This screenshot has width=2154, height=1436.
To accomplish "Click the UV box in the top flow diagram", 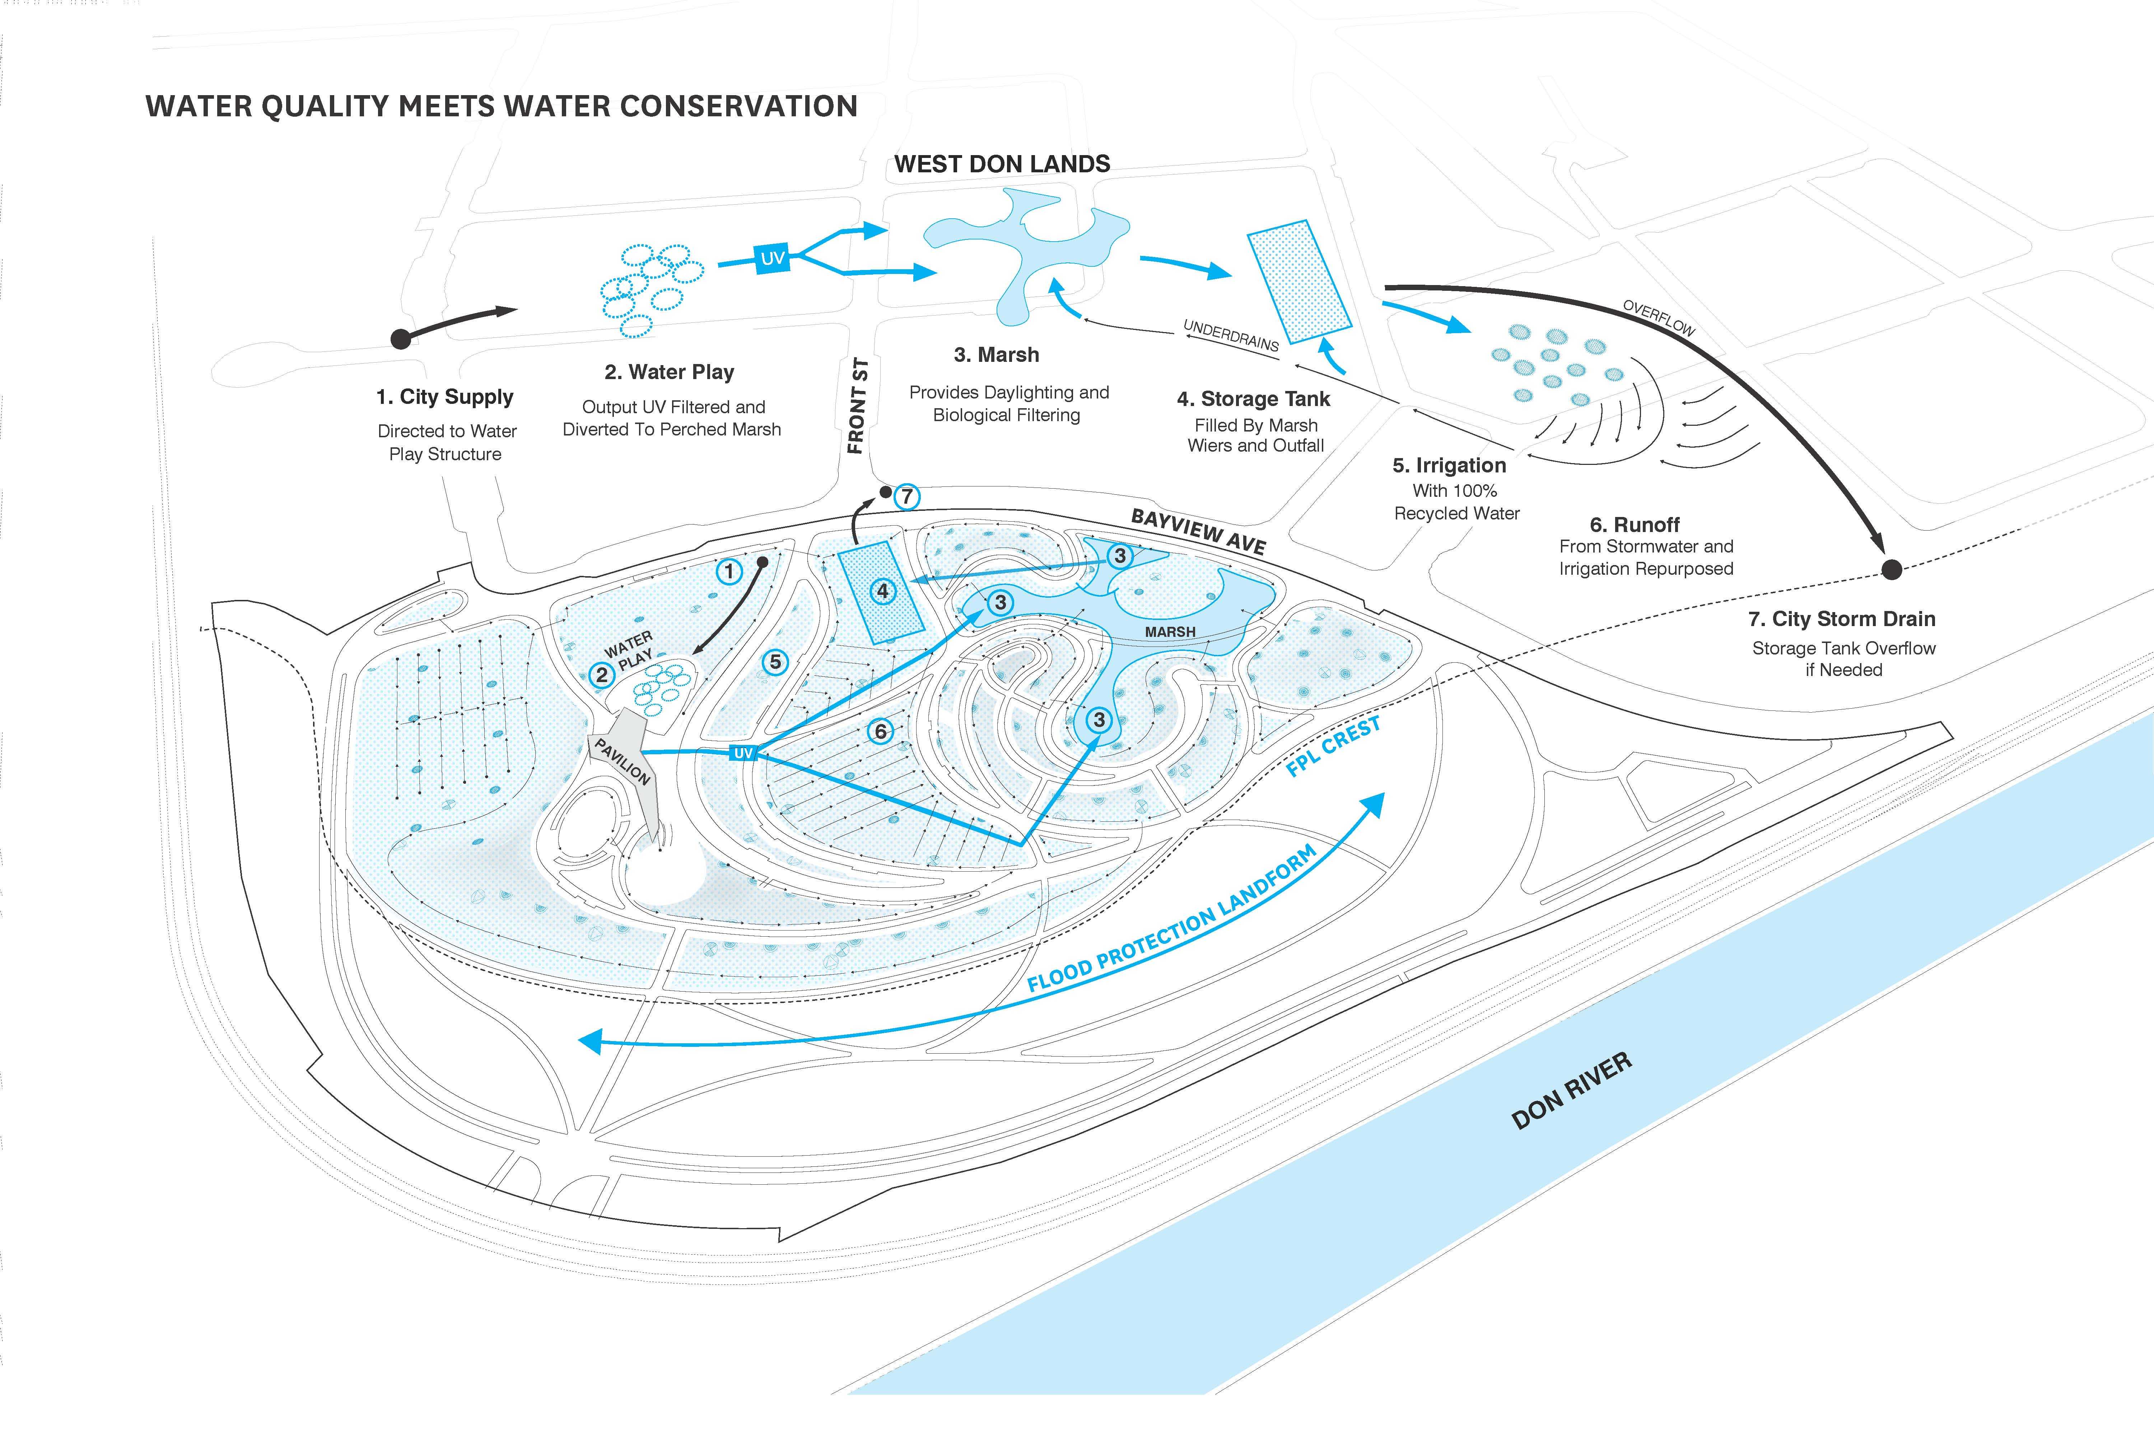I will pyautogui.click(x=772, y=258).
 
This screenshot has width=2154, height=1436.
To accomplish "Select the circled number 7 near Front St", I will pyautogui.click(x=907, y=496).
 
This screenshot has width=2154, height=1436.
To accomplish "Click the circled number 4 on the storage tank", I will pyautogui.click(x=883, y=591).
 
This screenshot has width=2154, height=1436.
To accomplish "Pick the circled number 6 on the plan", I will pyautogui.click(x=880, y=731).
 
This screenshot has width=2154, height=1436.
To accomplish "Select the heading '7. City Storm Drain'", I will pyautogui.click(x=1842, y=619).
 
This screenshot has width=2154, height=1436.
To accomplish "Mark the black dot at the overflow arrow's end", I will pyautogui.click(x=1891, y=570).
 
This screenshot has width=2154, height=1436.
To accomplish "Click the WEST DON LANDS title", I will pyautogui.click(x=1002, y=164).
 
